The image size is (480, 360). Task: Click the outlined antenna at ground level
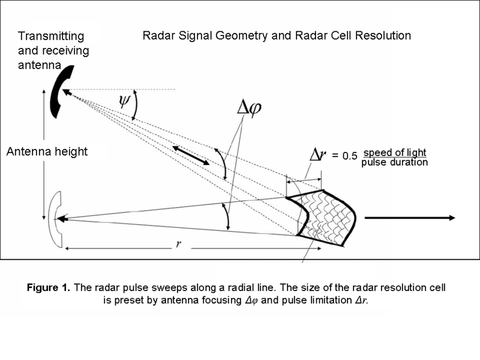click(x=55, y=219)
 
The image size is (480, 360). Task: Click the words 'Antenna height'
click(x=47, y=152)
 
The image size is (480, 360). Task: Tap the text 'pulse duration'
click(x=394, y=162)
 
